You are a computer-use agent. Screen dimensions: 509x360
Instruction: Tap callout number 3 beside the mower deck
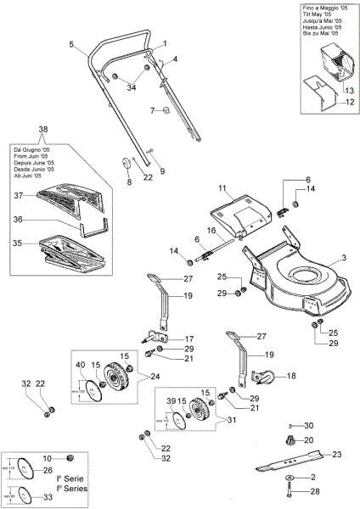click(x=344, y=257)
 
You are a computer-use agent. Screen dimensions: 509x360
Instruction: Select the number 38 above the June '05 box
click(x=43, y=129)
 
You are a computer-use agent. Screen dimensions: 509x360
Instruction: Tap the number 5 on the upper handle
click(x=73, y=43)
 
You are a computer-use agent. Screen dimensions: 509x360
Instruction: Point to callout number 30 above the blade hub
click(x=309, y=425)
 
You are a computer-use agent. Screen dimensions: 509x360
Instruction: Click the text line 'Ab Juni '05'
click(x=29, y=176)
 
